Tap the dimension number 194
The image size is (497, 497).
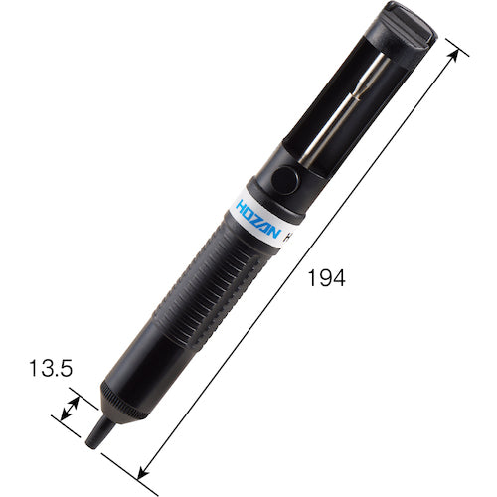325,279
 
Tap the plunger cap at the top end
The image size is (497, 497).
407,30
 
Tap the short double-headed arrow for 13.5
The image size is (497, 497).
72,408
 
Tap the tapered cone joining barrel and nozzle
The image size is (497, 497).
109,417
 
